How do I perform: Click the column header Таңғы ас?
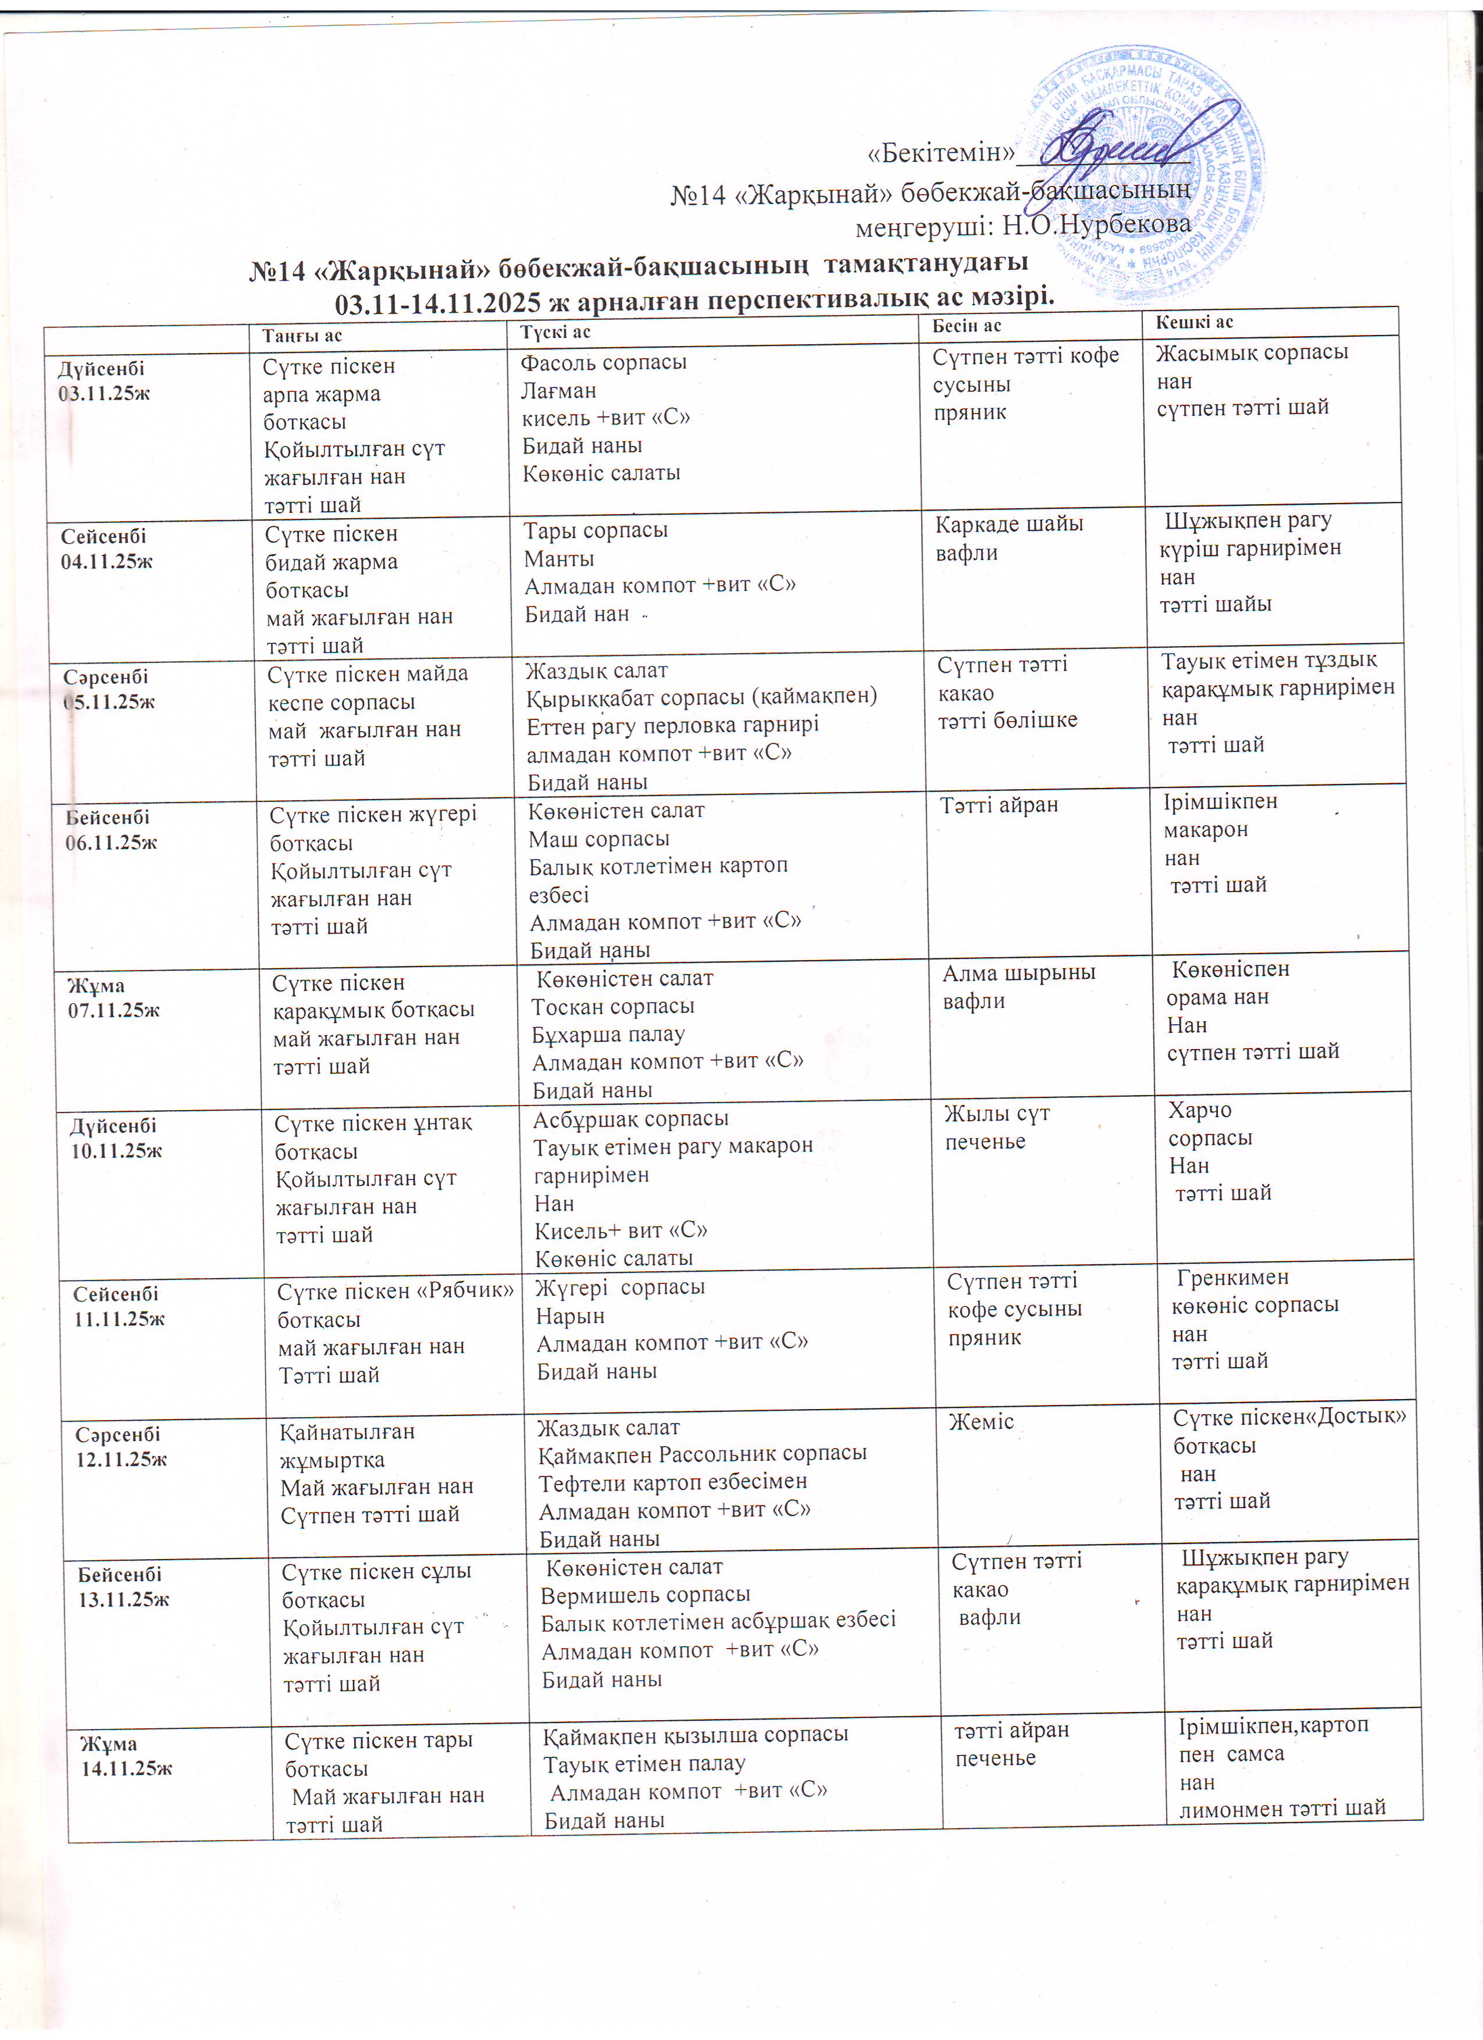point(302,336)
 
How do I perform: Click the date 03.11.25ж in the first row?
point(104,393)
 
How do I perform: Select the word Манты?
point(559,559)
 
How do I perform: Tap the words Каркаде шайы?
point(1009,525)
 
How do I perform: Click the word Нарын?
point(570,1316)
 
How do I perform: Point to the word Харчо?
point(1200,1110)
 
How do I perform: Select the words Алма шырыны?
point(1019,972)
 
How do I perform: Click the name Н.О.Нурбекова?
point(1096,225)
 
